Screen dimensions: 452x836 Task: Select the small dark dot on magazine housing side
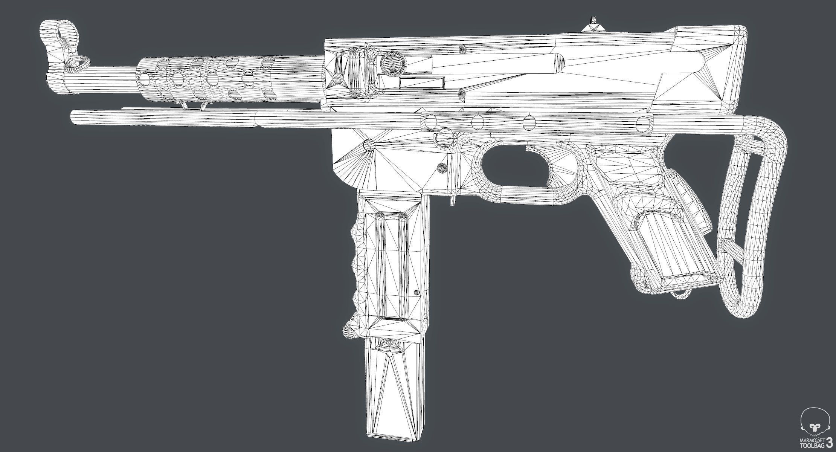(x=416, y=292)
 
